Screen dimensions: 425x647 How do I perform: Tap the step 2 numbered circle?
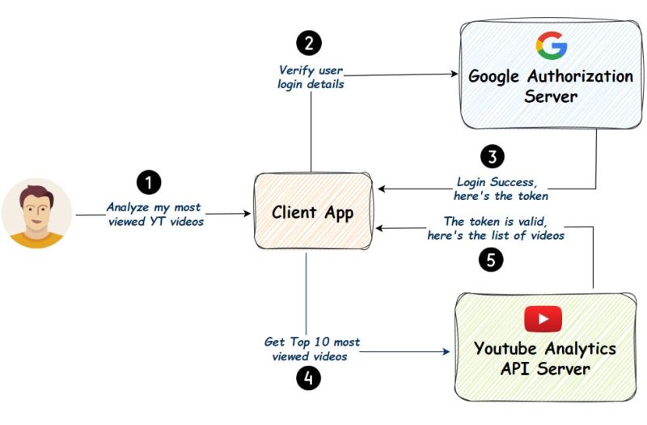point(308,42)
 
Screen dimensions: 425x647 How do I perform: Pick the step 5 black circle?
point(491,259)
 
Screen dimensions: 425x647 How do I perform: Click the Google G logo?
point(552,46)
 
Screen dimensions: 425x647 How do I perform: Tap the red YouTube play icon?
point(543,318)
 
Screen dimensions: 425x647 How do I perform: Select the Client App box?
point(312,213)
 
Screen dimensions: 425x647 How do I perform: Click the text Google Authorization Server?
point(551,87)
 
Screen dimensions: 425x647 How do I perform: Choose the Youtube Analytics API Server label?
point(544,359)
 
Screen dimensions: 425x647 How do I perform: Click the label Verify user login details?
point(310,77)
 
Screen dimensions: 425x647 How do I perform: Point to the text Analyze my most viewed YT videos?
point(154,215)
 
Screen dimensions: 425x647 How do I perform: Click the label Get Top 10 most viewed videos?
point(311,349)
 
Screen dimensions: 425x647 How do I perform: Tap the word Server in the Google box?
point(550,97)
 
